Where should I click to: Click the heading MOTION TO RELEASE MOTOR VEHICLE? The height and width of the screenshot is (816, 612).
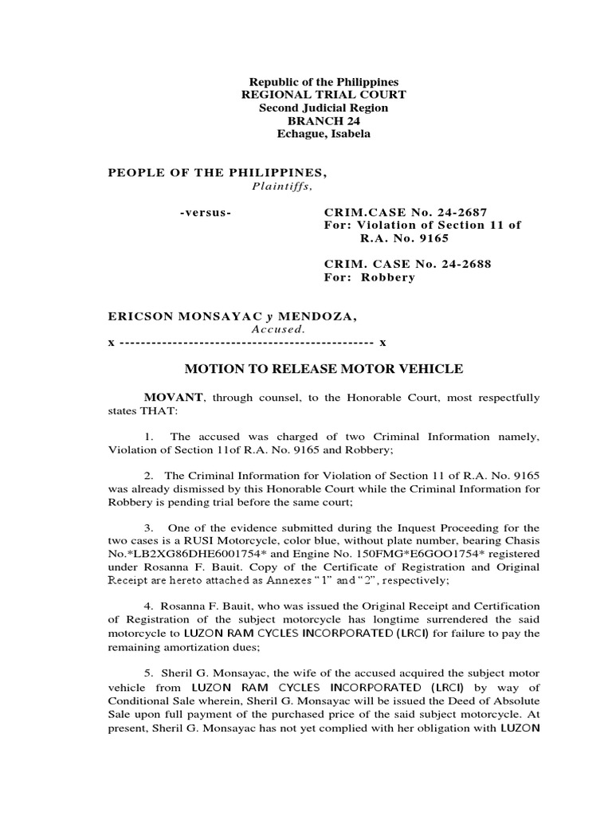(324, 369)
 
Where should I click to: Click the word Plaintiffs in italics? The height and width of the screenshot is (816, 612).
(279, 186)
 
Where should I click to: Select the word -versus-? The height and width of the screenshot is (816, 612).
(205, 213)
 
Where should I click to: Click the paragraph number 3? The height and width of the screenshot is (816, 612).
(149, 528)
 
